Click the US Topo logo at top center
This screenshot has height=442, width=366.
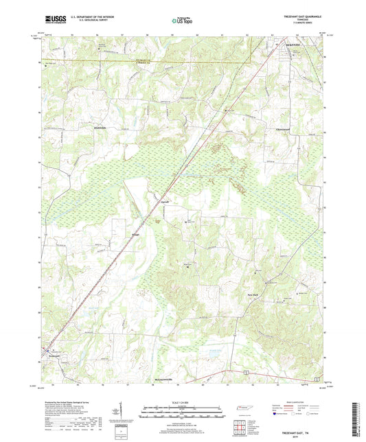pos(181,21)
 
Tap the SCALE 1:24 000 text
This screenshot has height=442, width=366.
pos(183,402)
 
